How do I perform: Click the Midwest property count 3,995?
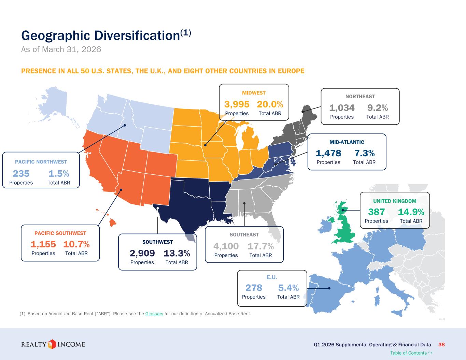click(x=237, y=104)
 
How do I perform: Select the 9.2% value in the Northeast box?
click(x=378, y=108)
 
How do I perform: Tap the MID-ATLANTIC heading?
click(x=347, y=142)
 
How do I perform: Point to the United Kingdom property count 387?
click(x=376, y=212)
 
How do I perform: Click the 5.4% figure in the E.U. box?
click(x=288, y=288)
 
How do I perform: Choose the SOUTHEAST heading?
click(x=244, y=235)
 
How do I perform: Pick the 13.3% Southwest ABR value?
click(x=177, y=253)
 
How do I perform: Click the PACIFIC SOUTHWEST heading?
click(x=60, y=233)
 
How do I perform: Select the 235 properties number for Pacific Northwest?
click(x=21, y=174)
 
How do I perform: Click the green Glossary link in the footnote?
click(x=154, y=314)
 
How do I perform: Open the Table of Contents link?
click(x=408, y=353)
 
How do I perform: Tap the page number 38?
click(x=441, y=345)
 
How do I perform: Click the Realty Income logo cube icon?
click(x=52, y=344)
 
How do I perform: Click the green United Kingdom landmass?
click(x=344, y=225)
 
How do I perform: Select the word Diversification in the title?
click(x=137, y=35)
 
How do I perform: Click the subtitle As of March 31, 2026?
click(x=61, y=49)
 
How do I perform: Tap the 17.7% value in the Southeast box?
click(x=260, y=246)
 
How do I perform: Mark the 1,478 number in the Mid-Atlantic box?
click(x=328, y=153)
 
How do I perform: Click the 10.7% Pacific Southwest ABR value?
click(x=76, y=244)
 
